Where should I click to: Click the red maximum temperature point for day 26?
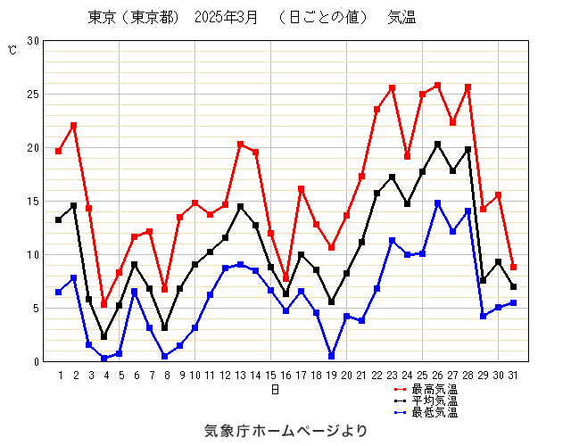(x=437, y=86)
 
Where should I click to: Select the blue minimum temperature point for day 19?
(x=331, y=356)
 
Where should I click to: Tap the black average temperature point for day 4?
(x=103, y=336)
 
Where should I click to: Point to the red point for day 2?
(x=73, y=126)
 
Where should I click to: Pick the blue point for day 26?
(x=437, y=203)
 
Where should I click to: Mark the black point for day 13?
(x=240, y=207)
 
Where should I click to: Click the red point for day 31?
(x=513, y=267)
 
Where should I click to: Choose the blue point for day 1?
(x=58, y=292)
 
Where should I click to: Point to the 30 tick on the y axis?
(x=33, y=41)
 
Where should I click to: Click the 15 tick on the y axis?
(x=33, y=202)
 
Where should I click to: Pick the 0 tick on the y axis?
(x=36, y=362)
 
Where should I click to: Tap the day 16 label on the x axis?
(x=285, y=376)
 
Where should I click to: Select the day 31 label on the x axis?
(x=513, y=376)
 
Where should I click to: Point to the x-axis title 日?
(x=276, y=390)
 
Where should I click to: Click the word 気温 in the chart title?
(x=401, y=18)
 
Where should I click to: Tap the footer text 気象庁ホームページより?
(x=285, y=431)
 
